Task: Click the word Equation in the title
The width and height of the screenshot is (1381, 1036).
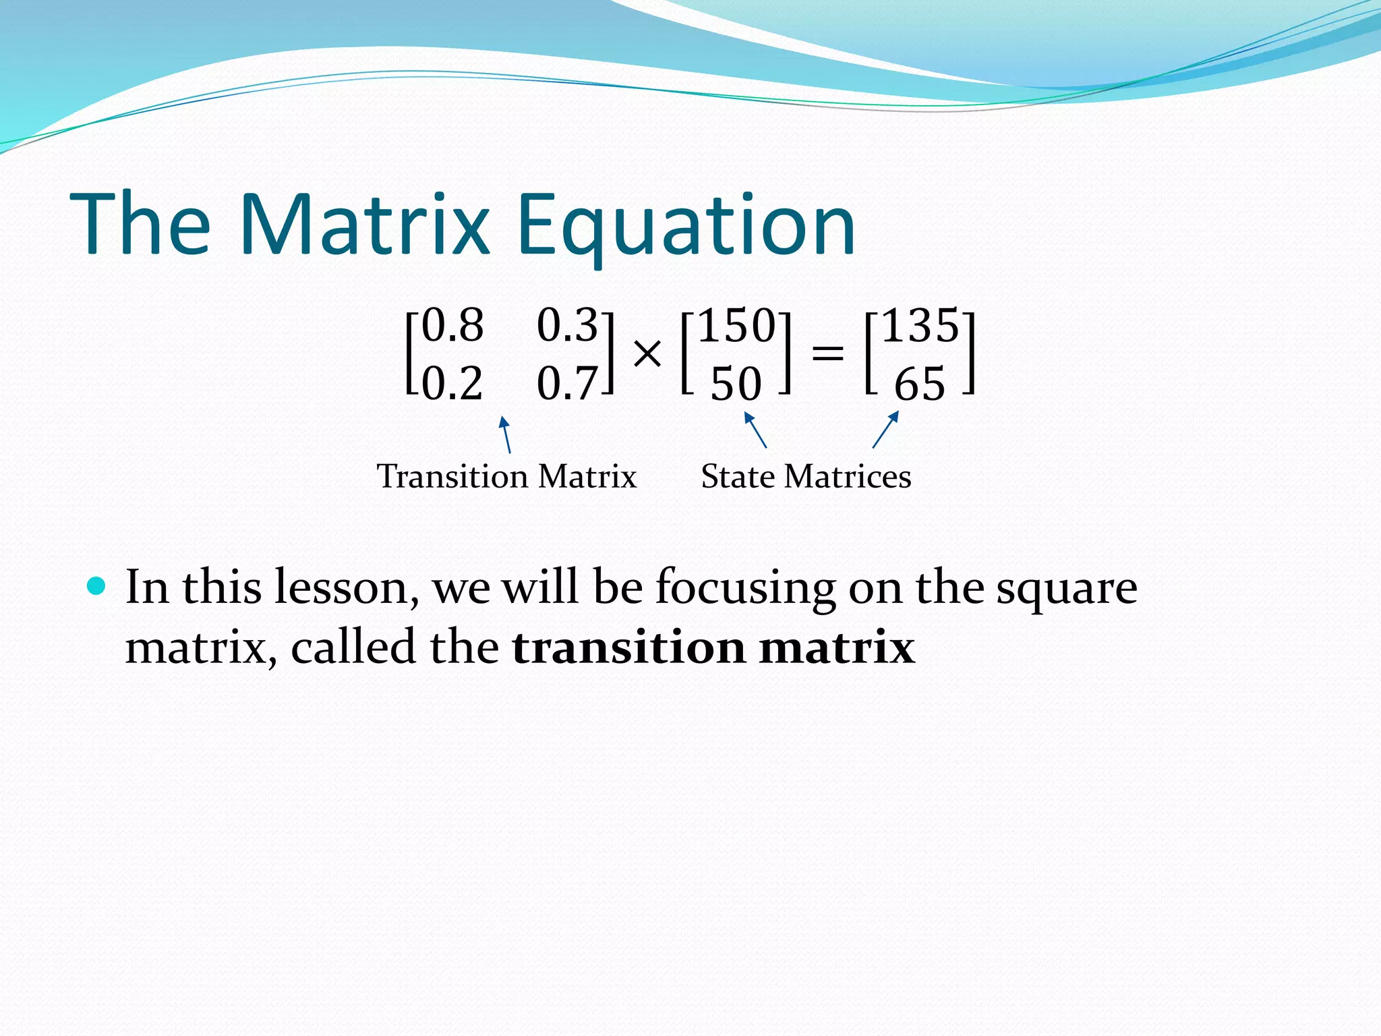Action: click(686, 225)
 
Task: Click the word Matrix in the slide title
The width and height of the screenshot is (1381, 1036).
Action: click(364, 225)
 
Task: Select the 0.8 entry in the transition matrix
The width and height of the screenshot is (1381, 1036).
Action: click(452, 325)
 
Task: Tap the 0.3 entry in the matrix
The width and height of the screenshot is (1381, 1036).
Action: click(567, 325)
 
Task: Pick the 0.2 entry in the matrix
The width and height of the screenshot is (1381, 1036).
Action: click(452, 384)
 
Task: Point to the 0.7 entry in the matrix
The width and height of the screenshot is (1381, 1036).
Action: click(567, 384)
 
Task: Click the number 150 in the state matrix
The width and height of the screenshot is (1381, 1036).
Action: click(736, 326)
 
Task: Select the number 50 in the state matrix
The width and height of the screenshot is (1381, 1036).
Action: click(736, 384)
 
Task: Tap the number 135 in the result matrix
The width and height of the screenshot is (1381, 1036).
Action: click(920, 326)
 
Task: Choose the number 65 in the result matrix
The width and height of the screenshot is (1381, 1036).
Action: click(920, 384)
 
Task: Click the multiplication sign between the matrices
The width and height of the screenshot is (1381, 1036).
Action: click(647, 353)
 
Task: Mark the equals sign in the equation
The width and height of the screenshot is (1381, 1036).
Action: click(827, 352)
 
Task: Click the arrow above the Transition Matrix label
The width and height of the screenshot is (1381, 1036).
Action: click(506, 435)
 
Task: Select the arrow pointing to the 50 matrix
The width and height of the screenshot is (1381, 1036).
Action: click(755, 430)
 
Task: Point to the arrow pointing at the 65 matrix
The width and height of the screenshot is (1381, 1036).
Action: click(885, 430)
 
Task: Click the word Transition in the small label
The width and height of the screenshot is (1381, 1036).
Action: click(452, 476)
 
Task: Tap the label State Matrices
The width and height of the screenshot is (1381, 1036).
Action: click(806, 476)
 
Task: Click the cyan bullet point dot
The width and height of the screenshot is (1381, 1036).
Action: click(97, 585)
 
